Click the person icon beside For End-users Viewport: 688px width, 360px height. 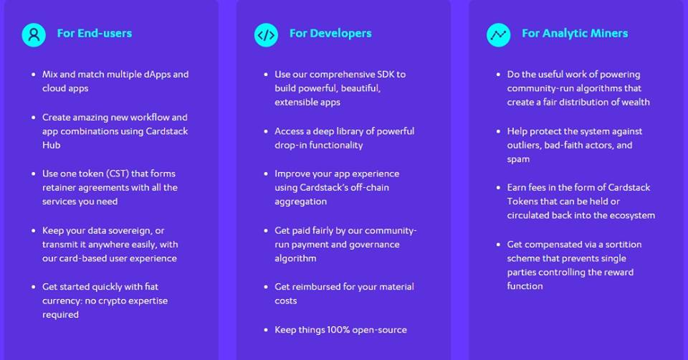point(34,34)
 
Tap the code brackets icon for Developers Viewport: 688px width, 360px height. point(266,34)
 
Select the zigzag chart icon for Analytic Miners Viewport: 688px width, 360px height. point(499,34)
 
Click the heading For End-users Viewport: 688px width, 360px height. point(95,34)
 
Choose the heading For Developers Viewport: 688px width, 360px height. point(330,34)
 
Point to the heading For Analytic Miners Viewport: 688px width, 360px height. point(575,34)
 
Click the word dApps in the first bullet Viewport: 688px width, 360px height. point(157,74)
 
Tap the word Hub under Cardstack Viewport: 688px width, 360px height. point(52,145)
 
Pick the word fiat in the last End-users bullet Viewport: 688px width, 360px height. point(151,287)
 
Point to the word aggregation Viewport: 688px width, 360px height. point(300,202)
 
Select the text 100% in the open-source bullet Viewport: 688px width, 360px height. point(338,330)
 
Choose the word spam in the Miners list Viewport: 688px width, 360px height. point(518,159)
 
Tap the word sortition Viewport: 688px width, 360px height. point(623,245)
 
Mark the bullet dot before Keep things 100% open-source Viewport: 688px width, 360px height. point(266,330)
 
